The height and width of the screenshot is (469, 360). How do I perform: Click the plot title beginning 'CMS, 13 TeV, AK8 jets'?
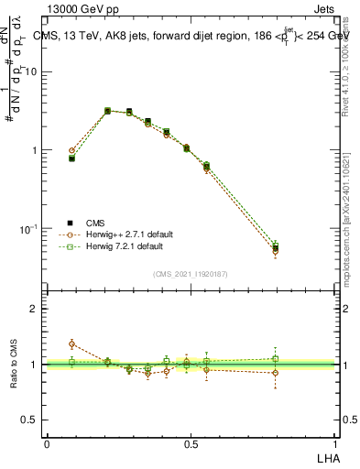pyautogui.click(x=192, y=36)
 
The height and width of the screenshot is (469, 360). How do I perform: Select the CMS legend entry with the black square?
pyautogui.click(x=94, y=223)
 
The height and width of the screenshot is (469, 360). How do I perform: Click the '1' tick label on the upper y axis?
pyautogui.click(x=38, y=150)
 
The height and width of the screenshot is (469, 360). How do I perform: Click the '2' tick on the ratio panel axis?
pyautogui.click(x=38, y=310)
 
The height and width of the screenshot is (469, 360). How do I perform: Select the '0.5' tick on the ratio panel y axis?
pyautogui.click(x=33, y=420)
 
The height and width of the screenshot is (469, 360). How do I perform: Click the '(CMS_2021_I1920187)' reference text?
pyautogui.click(x=191, y=274)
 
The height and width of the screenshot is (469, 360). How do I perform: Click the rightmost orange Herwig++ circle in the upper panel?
pyautogui.click(x=276, y=251)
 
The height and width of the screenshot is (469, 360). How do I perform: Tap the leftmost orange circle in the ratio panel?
pyautogui.click(x=72, y=344)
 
